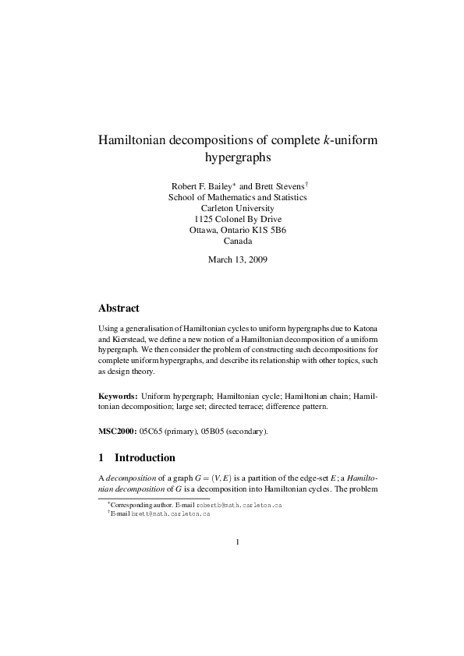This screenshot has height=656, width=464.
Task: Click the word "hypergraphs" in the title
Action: pos(237,159)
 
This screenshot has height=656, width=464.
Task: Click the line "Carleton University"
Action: pos(237,209)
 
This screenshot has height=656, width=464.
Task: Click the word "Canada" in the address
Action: pos(237,242)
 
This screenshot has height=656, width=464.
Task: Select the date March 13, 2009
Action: pos(237,259)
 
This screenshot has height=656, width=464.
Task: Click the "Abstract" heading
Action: pos(119,309)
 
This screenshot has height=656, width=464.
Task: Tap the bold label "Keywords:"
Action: pos(118,397)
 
